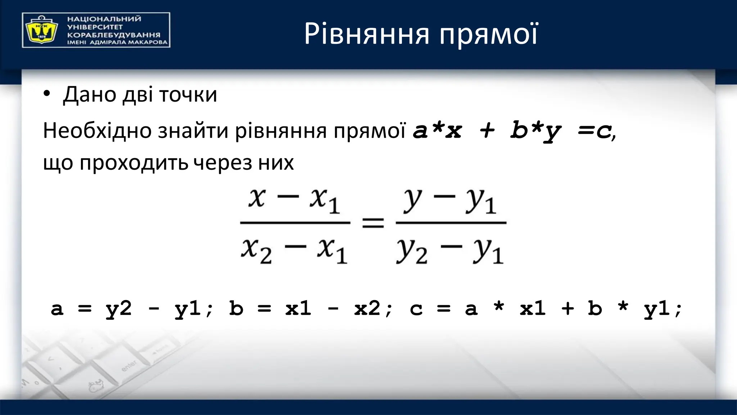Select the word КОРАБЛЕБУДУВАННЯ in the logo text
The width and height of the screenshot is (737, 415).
tap(113, 35)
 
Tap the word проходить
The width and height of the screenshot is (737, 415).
tap(134, 163)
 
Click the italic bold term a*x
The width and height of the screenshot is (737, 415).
tap(437, 130)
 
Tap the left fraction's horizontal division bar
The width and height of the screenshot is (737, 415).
tap(295, 223)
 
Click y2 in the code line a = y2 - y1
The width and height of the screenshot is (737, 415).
tap(119, 309)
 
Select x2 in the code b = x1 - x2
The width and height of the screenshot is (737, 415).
tap(367, 309)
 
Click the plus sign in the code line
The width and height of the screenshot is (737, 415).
tap(568, 309)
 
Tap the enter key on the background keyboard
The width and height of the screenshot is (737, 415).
tap(129, 365)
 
